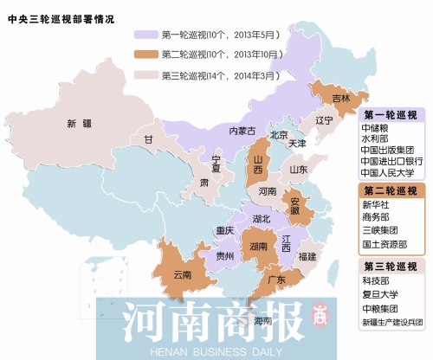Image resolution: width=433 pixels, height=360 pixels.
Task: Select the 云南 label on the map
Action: click(x=183, y=274)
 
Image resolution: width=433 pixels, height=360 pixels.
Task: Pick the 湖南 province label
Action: click(x=257, y=247)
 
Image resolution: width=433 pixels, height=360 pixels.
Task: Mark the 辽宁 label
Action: click(x=324, y=120)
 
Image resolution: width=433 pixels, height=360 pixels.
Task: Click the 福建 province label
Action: click(x=307, y=256)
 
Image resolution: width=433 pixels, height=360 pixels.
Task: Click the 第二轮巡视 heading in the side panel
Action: click(x=394, y=190)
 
